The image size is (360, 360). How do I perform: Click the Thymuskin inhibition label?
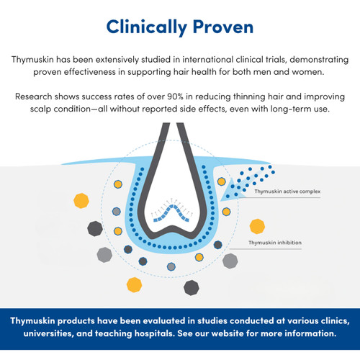276,243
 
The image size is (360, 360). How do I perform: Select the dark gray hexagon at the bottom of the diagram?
191,287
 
